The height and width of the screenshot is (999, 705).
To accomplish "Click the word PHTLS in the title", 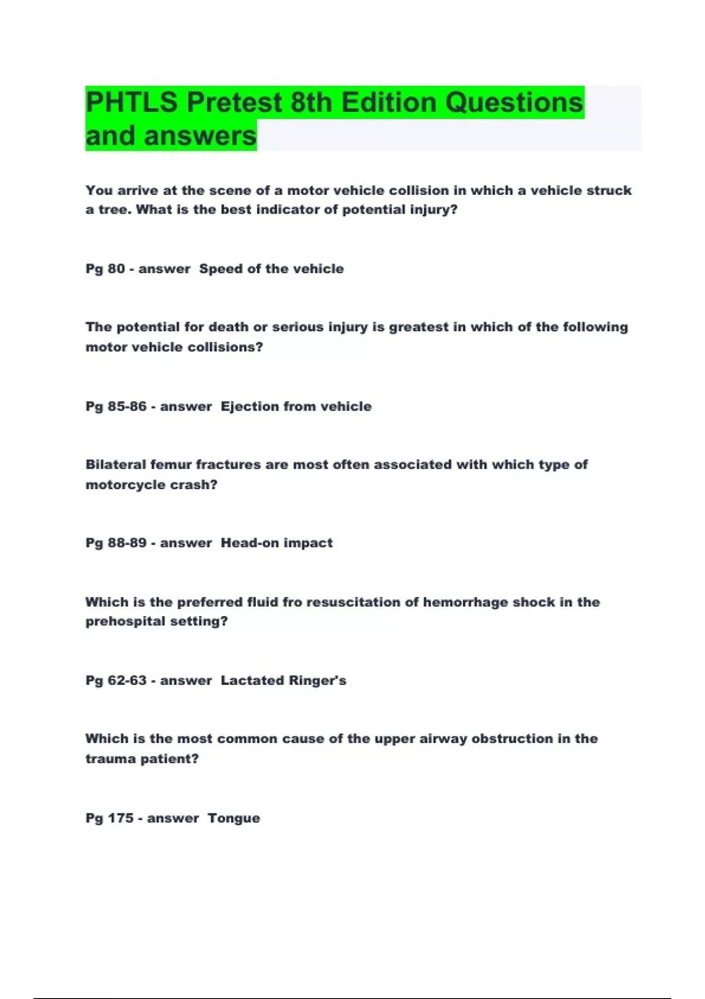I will [131, 102].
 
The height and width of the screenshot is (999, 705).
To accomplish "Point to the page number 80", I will [116, 269].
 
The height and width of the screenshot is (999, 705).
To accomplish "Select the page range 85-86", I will [127, 406].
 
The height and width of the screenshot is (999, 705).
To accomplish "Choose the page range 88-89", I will [127, 542].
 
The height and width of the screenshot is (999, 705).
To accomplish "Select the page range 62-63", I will [127, 680].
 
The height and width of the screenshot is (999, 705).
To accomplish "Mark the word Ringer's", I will [317, 680].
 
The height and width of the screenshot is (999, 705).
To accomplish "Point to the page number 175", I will [120, 817].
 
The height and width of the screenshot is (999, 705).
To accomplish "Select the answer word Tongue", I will [234, 818].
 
